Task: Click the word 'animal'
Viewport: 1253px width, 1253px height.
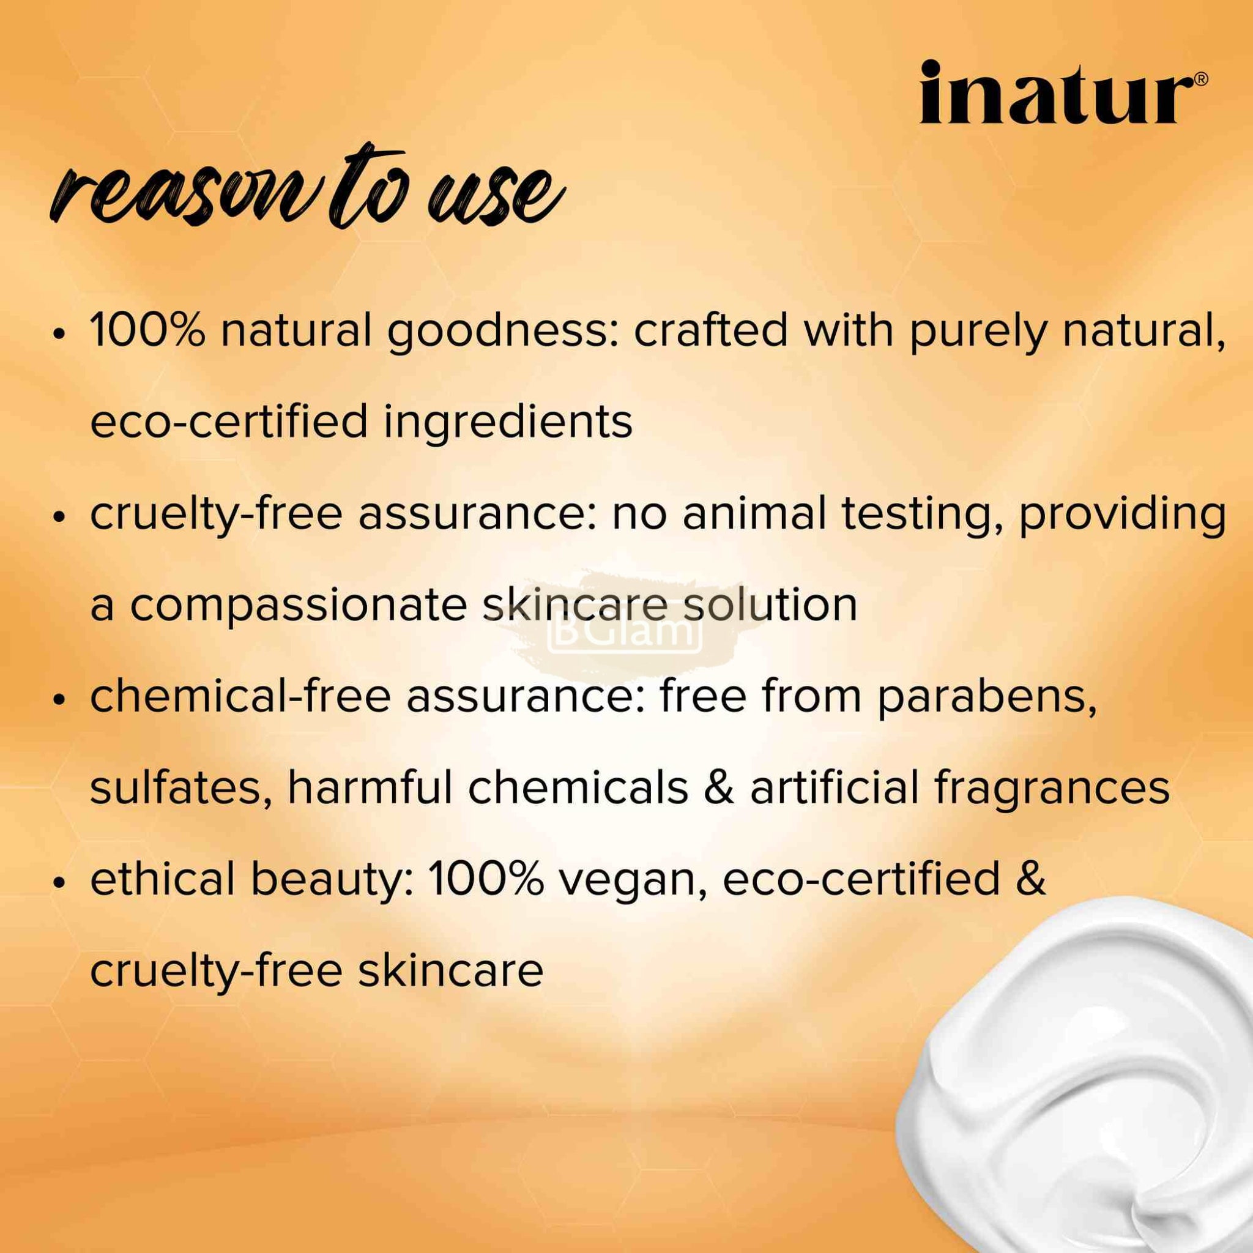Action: [754, 513]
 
